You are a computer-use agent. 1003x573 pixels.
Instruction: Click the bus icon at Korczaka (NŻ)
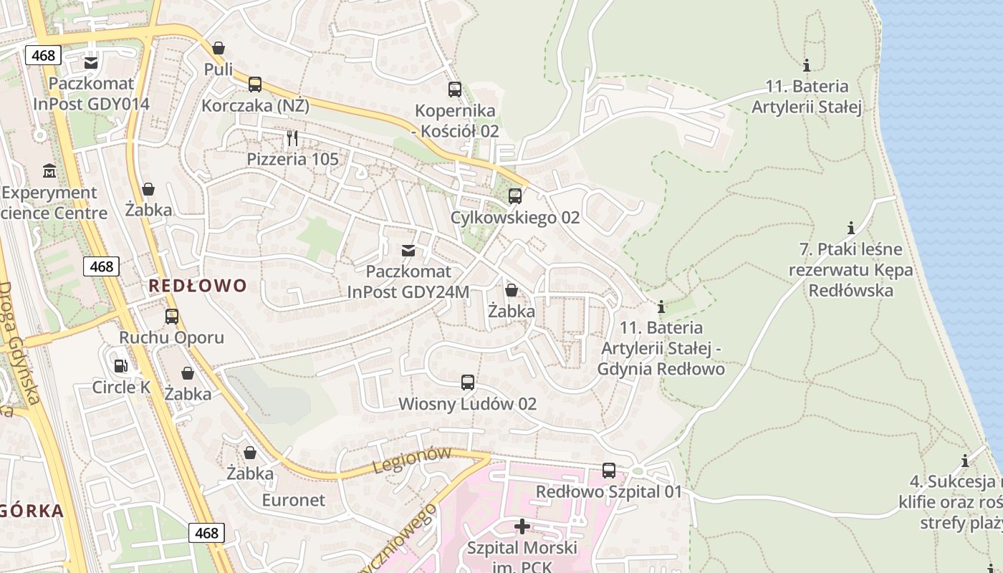point(255,85)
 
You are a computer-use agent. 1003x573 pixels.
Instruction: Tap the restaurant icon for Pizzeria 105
point(292,138)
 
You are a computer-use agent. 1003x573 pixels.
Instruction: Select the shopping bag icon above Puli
point(219,48)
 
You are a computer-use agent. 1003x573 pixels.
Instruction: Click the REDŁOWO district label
point(198,286)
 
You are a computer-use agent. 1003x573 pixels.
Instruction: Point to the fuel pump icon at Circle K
point(121,366)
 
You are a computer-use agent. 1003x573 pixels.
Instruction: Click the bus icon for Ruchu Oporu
point(172,316)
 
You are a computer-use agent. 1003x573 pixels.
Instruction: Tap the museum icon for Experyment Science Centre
point(49,171)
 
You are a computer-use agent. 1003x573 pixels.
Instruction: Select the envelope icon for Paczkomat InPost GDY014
point(91,63)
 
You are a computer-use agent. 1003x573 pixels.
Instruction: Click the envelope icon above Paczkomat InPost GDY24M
point(408,250)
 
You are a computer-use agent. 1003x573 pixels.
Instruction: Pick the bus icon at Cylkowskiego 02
point(514,196)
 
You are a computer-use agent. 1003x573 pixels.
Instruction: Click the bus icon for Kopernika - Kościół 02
point(455,90)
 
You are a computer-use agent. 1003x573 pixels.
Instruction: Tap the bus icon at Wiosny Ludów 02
point(468,382)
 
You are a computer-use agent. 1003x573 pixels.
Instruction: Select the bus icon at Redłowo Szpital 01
point(609,471)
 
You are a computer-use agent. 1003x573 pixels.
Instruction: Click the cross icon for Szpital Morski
point(522,526)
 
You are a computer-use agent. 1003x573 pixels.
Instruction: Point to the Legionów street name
point(412,461)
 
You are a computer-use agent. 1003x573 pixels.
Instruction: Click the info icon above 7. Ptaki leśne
point(851,228)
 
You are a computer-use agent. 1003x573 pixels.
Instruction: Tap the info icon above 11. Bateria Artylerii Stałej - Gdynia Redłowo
point(661,307)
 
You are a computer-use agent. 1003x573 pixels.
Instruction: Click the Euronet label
point(293,500)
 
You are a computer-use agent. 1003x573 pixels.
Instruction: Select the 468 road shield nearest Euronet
point(206,533)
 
